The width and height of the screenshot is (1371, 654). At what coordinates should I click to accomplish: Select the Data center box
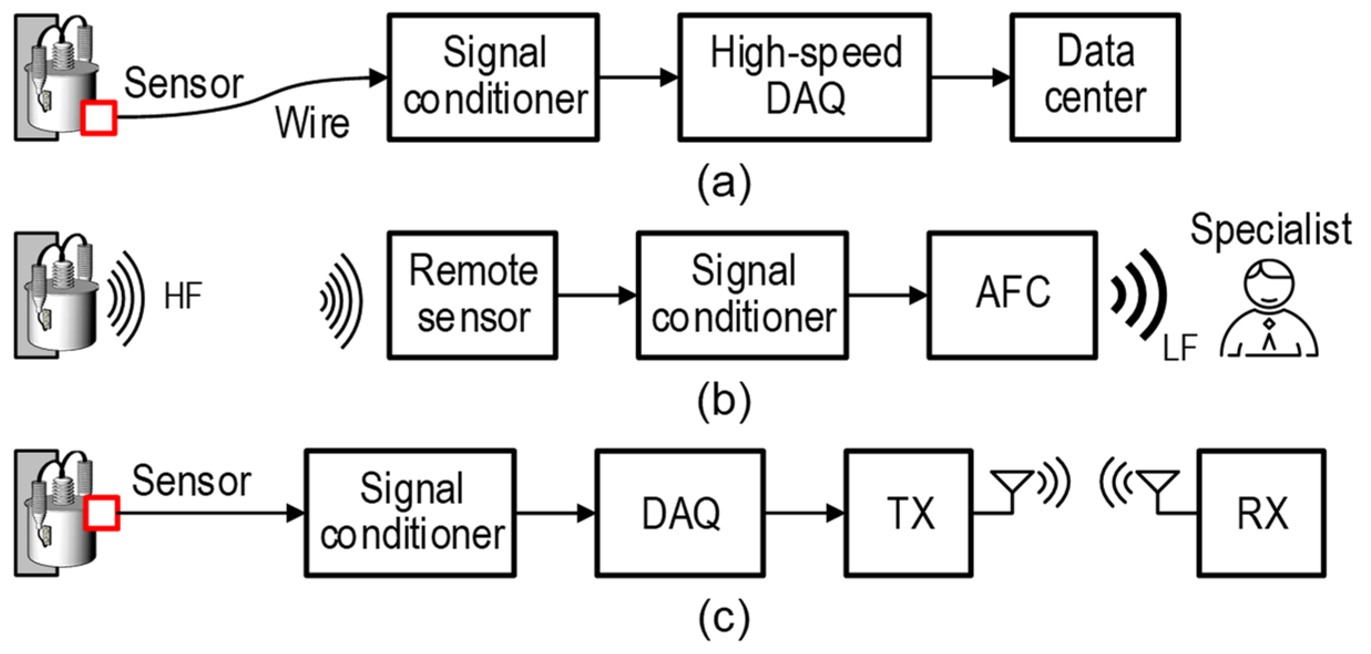tap(1094, 78)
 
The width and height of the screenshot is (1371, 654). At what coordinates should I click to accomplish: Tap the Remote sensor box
tap(472, 295)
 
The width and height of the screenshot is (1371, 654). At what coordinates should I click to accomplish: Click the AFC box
tap(1012, 295)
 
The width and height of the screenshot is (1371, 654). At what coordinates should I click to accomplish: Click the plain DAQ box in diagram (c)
tap(680, 513)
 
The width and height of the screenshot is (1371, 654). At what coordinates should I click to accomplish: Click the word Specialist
tap(1271, 229)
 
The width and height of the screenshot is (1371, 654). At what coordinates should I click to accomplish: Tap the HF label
tap(183, 296)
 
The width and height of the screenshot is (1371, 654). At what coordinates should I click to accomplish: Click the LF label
tap(1180, 348)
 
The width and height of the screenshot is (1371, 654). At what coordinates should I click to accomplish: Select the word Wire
tap(313, 122)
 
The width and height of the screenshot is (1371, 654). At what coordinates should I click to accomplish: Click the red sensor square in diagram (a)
tap(99, 117)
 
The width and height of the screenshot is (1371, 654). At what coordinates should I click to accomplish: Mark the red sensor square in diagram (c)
tap(101, 513)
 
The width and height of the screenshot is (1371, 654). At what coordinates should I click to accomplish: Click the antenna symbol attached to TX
tap(1012, 487)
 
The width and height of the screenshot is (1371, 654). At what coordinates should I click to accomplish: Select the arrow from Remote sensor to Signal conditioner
tap(596, 295)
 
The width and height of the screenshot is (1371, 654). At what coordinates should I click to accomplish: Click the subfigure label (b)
tap(724, 400)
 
